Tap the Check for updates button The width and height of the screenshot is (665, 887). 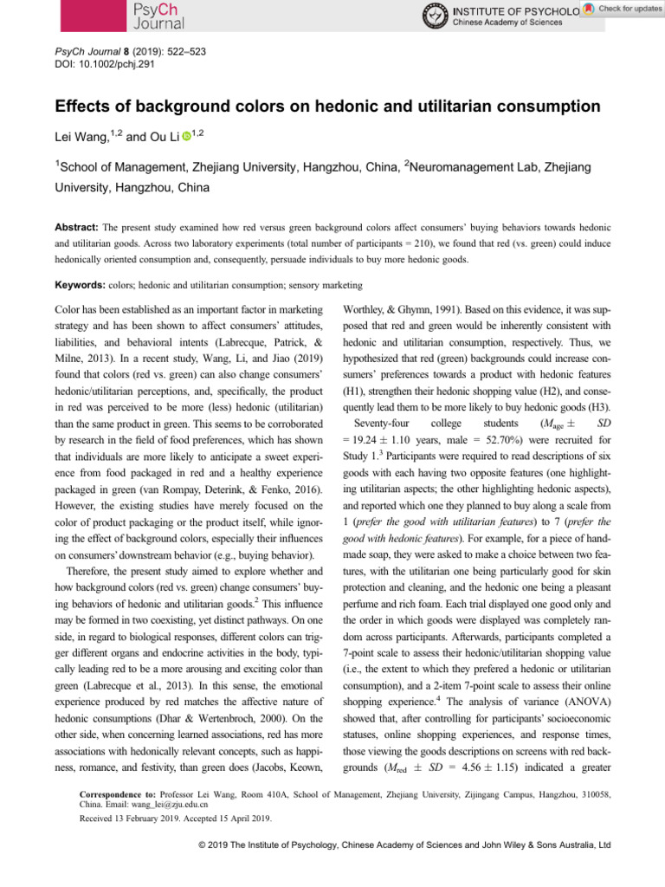point(623,8)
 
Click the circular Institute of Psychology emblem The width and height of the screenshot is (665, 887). point(435,16)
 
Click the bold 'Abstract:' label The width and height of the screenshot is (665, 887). point(79,221)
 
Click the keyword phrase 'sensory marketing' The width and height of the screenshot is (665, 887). point(329,284)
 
